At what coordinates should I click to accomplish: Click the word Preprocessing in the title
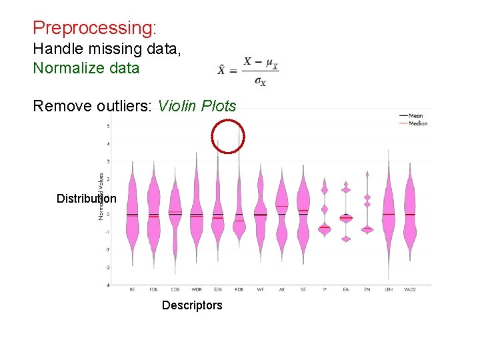pos(94,28)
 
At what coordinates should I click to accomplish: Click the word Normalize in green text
pos(66,68)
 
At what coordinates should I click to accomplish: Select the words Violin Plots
pos(197,106)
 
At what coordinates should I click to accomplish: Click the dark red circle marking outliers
pos(228,137)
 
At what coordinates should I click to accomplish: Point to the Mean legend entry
pos(415,116)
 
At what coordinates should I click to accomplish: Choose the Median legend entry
pos(417,123)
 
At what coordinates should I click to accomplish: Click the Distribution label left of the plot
pos(86,198)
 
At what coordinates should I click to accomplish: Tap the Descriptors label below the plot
pos(192,305)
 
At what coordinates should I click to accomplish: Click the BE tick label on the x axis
pos(132,290)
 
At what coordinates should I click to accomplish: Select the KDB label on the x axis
pos(239,290)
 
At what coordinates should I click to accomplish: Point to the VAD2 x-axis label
pos(409,290)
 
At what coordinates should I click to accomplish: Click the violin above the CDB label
pos(175,213)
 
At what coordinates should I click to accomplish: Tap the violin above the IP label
pos(325,213)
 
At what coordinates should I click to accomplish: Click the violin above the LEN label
pos(388,213)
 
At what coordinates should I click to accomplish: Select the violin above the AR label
pos(281,213)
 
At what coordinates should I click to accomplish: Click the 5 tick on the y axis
pos(109,126)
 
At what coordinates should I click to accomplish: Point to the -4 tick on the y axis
pos(108,285)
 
